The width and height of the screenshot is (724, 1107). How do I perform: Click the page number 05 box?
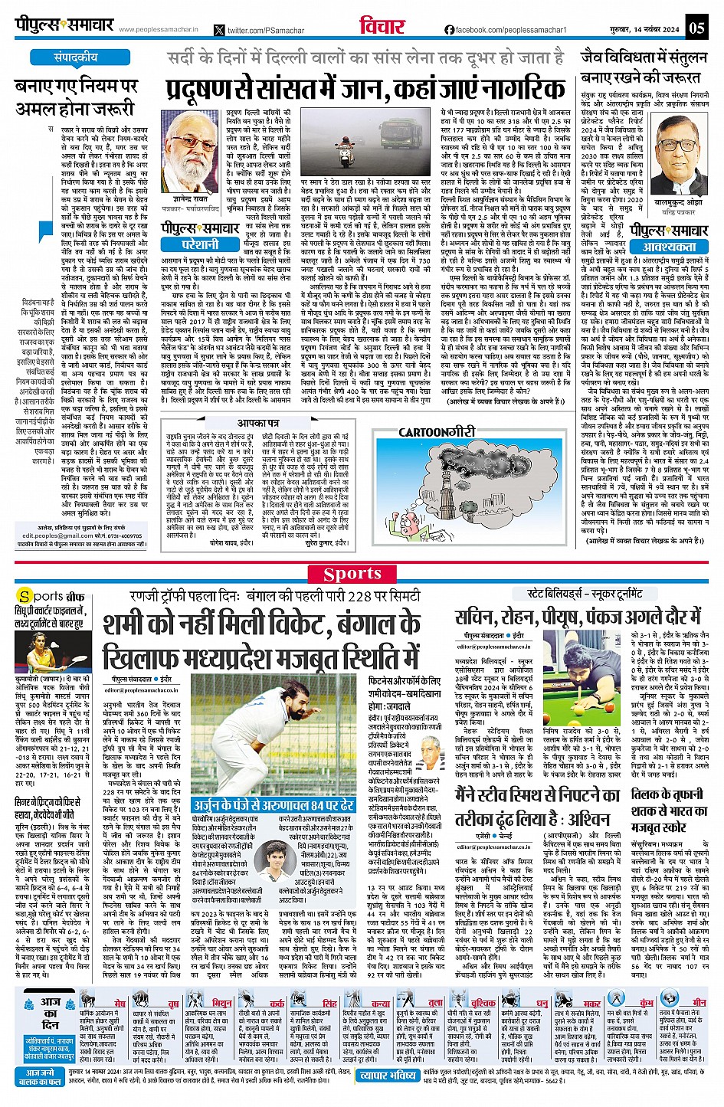(x=696, y=28)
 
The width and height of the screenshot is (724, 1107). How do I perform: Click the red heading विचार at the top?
(x=382, y=27)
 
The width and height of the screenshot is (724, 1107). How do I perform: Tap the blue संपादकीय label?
(x=75, y=57)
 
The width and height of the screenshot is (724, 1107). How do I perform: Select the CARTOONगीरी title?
(x=437, y=432)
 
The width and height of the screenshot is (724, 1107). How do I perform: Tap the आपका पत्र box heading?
(x=257, y=423)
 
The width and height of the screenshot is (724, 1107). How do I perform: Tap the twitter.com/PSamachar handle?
(x=261, y=30)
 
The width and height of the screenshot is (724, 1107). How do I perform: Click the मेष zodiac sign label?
(x=120, y=1002)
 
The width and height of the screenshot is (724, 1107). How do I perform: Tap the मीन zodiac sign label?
(x=699, y=1002)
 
